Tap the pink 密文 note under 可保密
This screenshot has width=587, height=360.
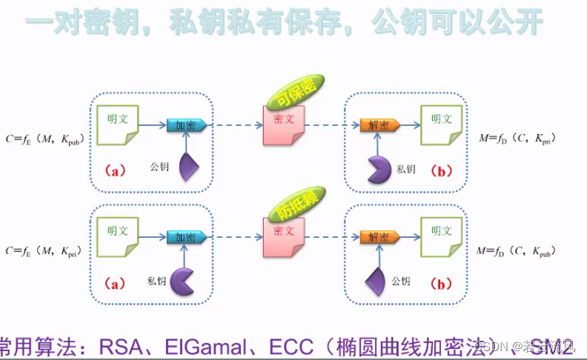(x=283, y=123)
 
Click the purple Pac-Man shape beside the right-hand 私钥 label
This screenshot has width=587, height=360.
(x=380, y=170)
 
